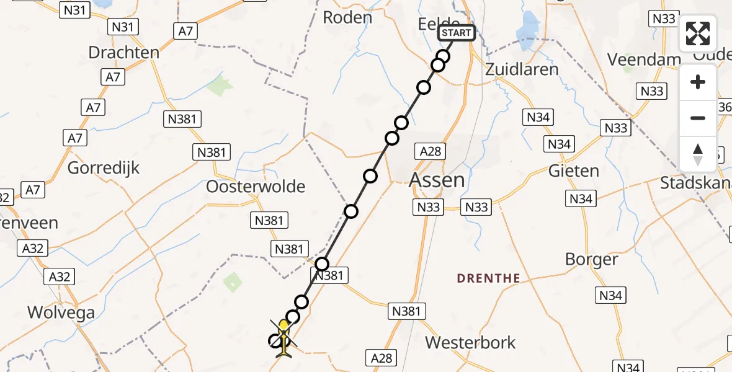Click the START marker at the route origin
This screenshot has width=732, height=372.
[x=457, y=33]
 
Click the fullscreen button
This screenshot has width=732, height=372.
[x=698, y=33]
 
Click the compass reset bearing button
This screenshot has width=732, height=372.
[x=698, y=154]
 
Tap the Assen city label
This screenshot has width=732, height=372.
[x=437, y=180]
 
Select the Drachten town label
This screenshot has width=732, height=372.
[x=124, y=52]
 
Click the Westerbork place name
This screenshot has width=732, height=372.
[x=471, y=342]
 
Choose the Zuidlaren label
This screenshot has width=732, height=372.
[x=522, y=69]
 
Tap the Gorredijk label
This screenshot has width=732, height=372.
[x=104, y=167]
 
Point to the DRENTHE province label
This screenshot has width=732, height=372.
[x=488, y=278]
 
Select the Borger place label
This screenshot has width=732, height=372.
[x=592, y=259]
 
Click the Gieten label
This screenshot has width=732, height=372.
[x=574, y=170]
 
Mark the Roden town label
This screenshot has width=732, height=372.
[x=348, y=17]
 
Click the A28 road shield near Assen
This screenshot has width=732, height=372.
[x=431, y=151]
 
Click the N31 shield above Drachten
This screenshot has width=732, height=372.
[x=122, y=27]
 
